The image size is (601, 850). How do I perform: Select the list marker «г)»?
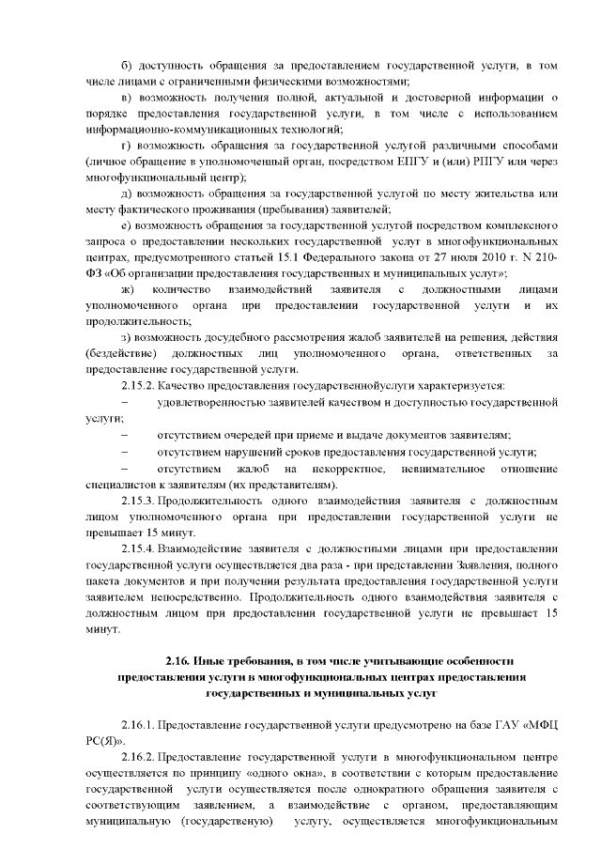pos(129,146)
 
